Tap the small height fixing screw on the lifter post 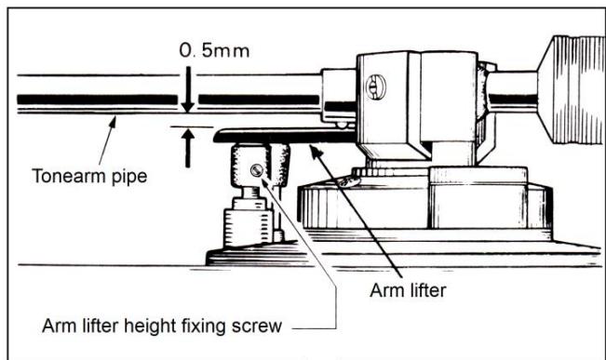click(x=257, y=169)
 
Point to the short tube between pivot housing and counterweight click(x=512, y=93)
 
